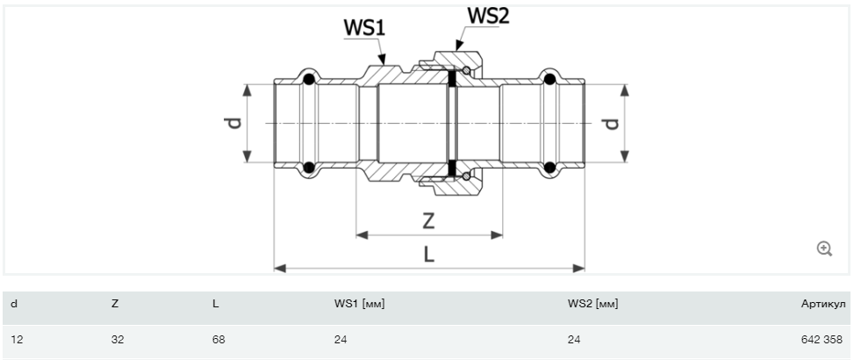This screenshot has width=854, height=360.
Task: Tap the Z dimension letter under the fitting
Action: coord(428,220)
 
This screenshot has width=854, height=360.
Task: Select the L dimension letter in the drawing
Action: coord(429,254)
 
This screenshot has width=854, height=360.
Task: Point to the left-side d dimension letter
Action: coord(233,124)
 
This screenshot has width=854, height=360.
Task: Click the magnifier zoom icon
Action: coord(824,249)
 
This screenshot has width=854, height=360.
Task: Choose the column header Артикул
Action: coord(822,304)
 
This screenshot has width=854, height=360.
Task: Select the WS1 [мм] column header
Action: coord(360,304)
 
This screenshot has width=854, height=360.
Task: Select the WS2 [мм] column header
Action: coord(593,304)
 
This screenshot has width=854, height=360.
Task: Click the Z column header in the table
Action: coord(115,304)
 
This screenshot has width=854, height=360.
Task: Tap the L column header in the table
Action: coord(216,304)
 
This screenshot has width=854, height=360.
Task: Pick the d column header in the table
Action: coord(14,304)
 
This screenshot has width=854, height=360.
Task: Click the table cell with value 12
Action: coord(17,338)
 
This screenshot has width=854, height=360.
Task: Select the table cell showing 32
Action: coord(118,338)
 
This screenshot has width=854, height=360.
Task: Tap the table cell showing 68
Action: coord(219,338)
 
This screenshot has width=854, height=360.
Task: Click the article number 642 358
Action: coord(822,338)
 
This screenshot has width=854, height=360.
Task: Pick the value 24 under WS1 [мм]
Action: coord(341,338)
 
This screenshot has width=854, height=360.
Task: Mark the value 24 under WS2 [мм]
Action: coord(574,338)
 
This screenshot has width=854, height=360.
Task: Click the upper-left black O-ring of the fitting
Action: coord(309,81)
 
